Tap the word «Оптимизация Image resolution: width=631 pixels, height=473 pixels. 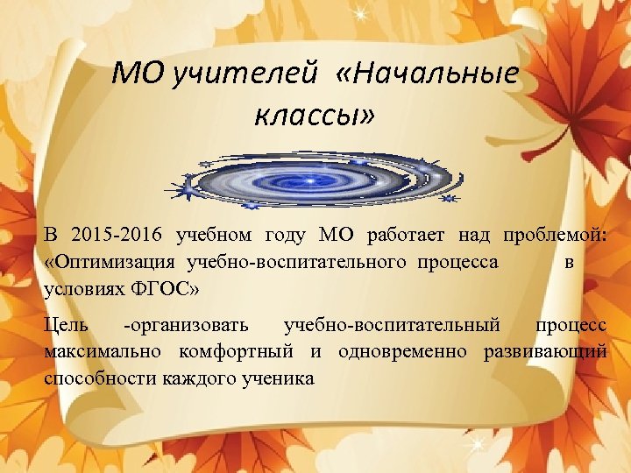[110, 262]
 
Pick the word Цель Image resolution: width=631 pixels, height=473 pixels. [64, 325]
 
